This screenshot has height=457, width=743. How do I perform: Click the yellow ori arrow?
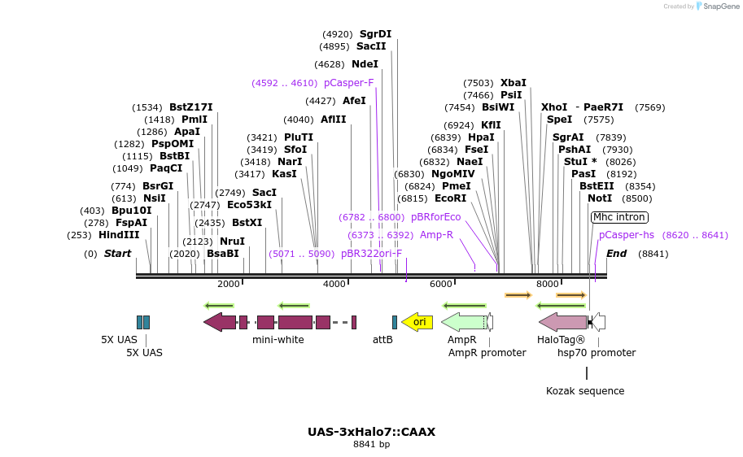(417, 322)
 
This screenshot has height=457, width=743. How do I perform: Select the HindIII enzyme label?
(119, 235)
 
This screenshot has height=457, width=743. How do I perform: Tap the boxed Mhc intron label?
(619, 217)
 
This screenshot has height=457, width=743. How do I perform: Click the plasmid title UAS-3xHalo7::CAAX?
(371, 432)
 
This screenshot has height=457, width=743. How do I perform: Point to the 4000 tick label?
(334, 284)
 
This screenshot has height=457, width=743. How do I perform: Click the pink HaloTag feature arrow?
(562, 322)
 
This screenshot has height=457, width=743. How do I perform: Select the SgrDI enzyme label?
(375, 34)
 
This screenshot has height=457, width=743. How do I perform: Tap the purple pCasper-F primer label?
(348, 83)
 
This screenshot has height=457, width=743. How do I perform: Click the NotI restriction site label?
(600, 198)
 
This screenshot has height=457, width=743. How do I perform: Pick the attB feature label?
(382, 340)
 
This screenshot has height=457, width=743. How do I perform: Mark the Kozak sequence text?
(585, 391)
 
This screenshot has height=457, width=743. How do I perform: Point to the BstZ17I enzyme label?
(190, 107)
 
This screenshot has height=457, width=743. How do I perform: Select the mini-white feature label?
(278, 340)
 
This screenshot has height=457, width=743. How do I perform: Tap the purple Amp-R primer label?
(436, 235)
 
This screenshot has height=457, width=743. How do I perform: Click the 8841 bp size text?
(371, 445)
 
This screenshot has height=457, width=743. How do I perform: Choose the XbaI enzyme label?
(513, 83)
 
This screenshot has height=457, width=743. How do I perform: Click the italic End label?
(616, 254)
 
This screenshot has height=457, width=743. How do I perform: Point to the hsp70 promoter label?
(597, 353)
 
